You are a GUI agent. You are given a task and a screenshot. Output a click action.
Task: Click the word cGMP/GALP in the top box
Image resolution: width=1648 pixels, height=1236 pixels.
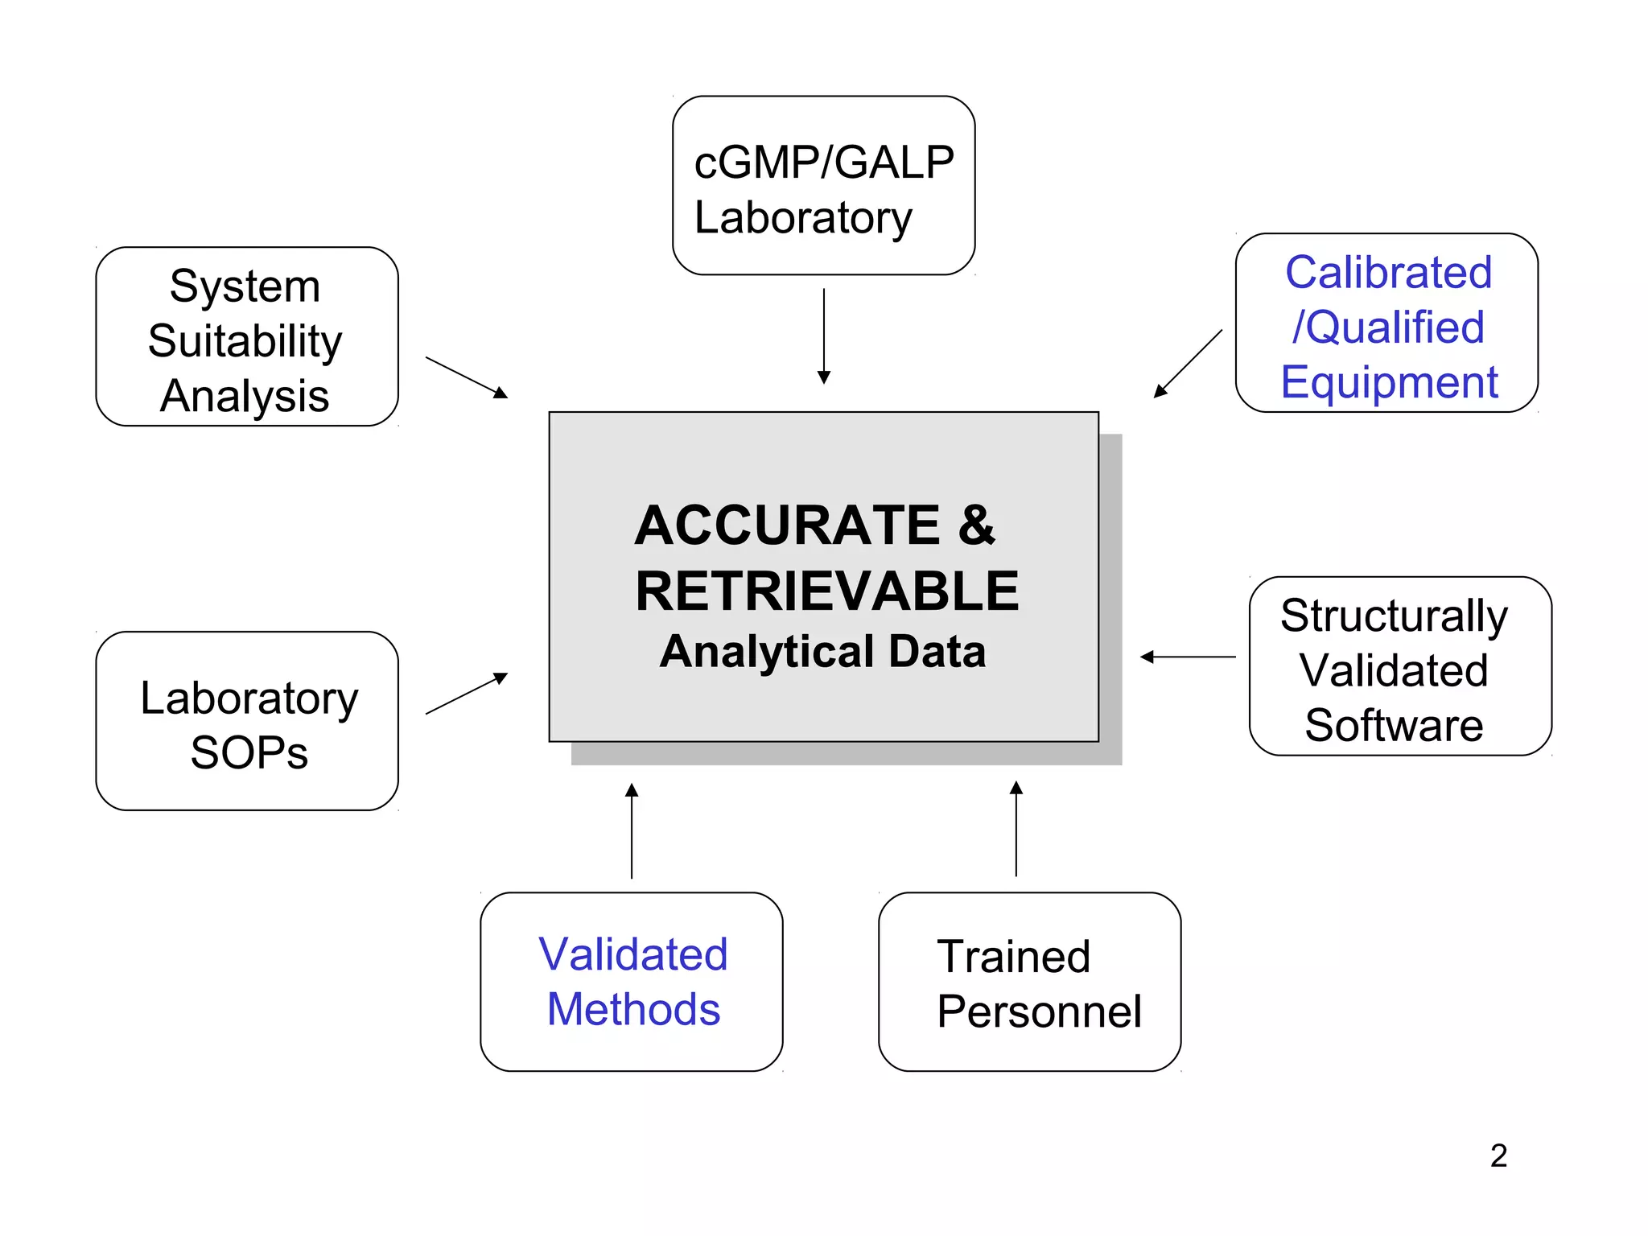(x=823, y=163)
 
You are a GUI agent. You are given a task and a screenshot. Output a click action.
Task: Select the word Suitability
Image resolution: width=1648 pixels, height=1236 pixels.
(x=245, y=341)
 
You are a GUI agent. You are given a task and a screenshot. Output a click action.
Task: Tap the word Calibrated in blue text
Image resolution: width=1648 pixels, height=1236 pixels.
(x=1388, y=272)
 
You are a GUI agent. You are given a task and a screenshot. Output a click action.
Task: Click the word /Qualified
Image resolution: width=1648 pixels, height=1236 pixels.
(x=1388, y=328)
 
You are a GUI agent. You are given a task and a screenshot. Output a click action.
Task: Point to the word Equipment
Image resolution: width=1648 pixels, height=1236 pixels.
(x=1389, y=382)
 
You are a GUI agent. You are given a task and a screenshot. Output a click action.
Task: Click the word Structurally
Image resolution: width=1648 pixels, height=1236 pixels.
(x=1394, y=616)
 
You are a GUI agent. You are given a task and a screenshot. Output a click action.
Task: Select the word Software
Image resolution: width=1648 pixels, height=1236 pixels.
(x=1394, y=725)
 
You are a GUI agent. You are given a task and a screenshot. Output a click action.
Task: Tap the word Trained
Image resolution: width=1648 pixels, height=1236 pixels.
(x=1013, y=957)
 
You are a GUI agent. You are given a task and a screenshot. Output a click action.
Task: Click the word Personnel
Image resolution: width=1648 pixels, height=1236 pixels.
(x=1039, y=1011)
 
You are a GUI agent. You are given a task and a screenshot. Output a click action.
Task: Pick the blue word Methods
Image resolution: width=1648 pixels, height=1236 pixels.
(x=633, y=1010)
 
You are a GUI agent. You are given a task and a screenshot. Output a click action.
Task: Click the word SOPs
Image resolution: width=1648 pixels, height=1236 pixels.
(x=249, y=753)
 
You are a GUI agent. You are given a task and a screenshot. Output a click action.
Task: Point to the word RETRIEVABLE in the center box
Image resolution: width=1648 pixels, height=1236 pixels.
(x=826, y=591)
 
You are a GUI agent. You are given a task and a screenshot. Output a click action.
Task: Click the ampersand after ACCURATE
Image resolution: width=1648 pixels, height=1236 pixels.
(x=976, y=525)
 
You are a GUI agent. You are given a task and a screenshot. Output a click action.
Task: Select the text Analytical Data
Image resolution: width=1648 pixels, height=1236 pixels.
(x=822, y=651)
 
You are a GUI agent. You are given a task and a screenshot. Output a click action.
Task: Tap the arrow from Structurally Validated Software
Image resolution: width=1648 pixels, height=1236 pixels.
(x=1188, y=657)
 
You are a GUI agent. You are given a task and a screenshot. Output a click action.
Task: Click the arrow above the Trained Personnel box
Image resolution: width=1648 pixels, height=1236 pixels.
(x=1016, y=829)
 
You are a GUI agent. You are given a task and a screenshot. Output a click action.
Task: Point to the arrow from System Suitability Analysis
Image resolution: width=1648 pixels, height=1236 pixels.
(x=467, y=377)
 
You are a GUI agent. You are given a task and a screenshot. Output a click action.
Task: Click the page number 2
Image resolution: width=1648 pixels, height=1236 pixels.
(x=1498, y=1156)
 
